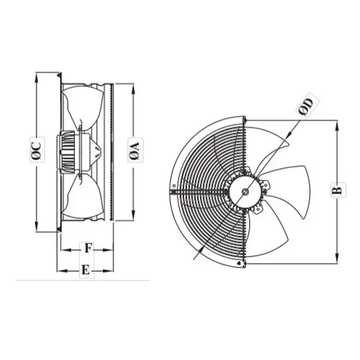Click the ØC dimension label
point(37,149)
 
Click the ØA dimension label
point(135,150)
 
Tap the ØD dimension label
point(305,106)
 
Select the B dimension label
point(337,190)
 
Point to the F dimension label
point(88,248)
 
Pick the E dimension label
point(86,270)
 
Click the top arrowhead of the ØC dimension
point(37,77)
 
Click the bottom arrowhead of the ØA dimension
point(133,215)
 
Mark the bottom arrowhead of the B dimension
point(337,257)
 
